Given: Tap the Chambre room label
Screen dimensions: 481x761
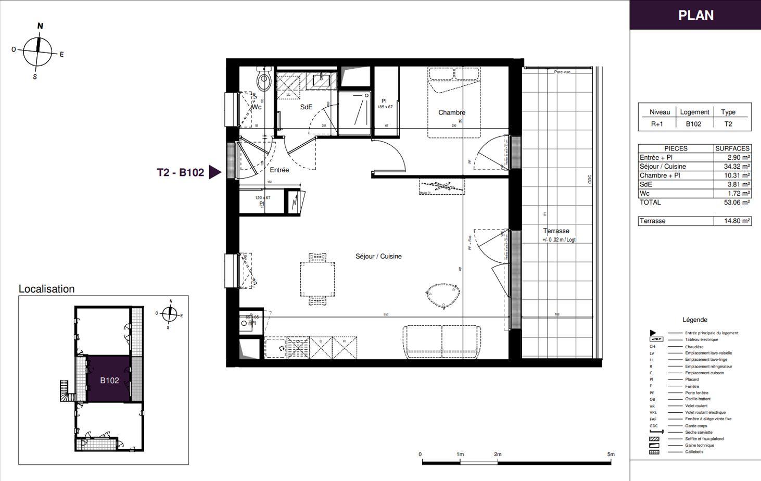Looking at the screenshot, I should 451,112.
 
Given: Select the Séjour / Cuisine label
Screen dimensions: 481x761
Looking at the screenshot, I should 378,256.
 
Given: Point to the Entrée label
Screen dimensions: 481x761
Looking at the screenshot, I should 279,170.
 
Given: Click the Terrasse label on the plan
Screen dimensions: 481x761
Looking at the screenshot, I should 556,231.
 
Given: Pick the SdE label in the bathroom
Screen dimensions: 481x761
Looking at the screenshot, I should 306,107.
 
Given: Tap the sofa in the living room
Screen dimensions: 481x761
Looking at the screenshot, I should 442,341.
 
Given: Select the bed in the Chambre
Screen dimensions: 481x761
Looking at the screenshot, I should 454,103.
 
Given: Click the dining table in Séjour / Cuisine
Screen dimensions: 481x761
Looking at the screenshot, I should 318,279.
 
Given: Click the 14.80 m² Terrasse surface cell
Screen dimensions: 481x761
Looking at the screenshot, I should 737,221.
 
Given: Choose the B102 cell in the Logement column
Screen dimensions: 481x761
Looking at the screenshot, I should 693,124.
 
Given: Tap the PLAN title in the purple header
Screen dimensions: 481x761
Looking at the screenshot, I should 695,15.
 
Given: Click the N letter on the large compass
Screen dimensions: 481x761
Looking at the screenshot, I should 40,26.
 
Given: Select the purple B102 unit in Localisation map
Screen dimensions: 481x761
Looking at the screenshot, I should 109,380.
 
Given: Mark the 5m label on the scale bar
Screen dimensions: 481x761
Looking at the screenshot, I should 611,454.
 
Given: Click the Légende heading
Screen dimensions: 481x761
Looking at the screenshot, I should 694,320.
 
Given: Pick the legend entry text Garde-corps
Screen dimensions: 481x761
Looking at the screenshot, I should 696,426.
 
